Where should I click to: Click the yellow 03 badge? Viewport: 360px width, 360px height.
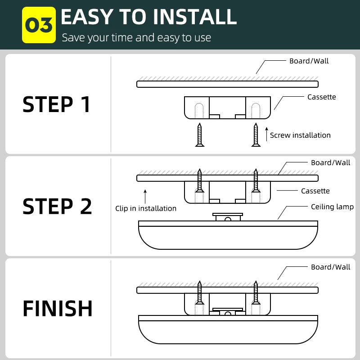tap(39, 25)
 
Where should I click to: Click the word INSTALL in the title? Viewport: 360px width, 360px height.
tap(194, 17)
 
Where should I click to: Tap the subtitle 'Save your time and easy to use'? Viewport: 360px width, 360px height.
tap(136, 38)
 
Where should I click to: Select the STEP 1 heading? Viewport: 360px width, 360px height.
tap(57, 104)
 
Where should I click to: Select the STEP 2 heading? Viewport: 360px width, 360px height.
tap(57, 206)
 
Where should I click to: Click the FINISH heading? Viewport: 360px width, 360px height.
tap(58, 309)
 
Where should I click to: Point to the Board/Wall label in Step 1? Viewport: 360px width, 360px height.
tap(309, 61)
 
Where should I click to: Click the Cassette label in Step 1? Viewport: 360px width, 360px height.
tap(321, 97)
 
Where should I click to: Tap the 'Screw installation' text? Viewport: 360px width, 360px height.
tap(300, 135)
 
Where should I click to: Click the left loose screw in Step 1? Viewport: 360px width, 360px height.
tap(199, 135)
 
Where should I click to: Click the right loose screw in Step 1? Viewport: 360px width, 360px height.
tap(256, 135)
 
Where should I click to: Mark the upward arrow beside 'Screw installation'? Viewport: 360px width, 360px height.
tap(266, 134)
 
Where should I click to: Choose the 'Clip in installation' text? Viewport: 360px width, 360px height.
tap(146, 208)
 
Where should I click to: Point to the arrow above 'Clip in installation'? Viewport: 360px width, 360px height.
tap(145, 196)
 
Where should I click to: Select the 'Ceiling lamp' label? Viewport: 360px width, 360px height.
tap(332, 207)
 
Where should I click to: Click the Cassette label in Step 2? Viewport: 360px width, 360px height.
tap(315, 191)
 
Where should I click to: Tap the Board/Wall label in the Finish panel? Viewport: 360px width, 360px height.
tap(330, 267)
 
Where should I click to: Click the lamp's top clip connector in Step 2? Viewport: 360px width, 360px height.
tap(228, 217)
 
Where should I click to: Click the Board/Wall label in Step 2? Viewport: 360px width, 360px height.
tap(330, 162)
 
